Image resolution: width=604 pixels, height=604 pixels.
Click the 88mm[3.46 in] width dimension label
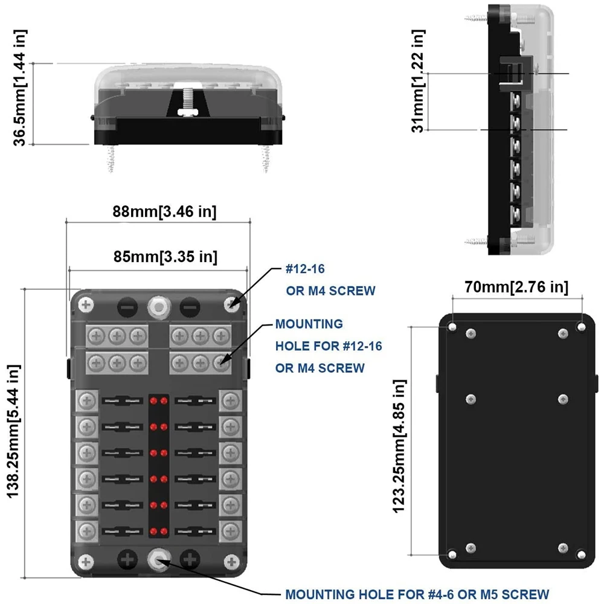[x=164, y=211]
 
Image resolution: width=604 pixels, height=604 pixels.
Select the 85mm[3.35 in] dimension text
[x=165, y=257]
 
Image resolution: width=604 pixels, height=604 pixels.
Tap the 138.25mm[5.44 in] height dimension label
[x=13, y=431]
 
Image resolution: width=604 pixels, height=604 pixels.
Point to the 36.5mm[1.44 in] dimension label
[x=20, y=88]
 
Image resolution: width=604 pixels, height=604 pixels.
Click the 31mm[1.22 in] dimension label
[x=418, y=81]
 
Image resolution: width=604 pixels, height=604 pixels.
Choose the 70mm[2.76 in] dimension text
[x=516, y=287]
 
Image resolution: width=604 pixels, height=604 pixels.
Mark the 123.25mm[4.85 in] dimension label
[x=399, y=446]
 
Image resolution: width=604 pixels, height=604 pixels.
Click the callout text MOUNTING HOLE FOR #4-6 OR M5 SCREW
[x=417, y=594]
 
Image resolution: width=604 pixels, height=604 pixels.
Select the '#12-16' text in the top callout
[x=305, y=269]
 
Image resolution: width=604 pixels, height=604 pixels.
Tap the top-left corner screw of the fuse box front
[x=86, y=305]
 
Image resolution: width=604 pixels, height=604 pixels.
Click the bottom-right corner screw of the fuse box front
[x=232, y=561]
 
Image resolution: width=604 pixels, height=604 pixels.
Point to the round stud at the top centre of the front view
[x=159, y=307]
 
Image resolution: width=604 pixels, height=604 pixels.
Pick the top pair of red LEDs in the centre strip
[x=159, y=400]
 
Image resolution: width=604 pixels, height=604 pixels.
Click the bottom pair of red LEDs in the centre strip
[x=159, y=531]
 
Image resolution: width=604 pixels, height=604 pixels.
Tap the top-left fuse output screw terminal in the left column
[x=86, y=400]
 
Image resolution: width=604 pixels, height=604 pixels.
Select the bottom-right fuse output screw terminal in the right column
[x=231, y=531]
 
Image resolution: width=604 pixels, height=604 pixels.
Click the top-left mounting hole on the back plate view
[x=452, y=327]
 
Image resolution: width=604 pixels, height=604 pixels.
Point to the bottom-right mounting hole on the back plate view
[x=582, y=554]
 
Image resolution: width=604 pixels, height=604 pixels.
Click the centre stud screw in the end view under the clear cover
[x=188, y=101]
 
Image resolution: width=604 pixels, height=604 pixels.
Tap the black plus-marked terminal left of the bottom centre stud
[x=127, y=559]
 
